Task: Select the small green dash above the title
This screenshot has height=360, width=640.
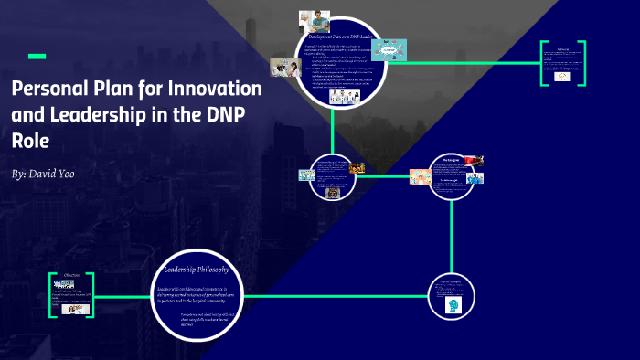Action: click(x=37, y=57)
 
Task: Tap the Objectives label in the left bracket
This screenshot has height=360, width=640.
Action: click(x=72, y=274)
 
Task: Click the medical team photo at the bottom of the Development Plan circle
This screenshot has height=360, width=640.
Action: click(x=344, y=96)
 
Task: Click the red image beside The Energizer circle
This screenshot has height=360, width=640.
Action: click(x=473, y=162)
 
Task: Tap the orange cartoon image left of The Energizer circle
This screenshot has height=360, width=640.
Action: click(x=421, y=176)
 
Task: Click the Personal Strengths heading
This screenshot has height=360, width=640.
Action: click(x=453, y=281)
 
